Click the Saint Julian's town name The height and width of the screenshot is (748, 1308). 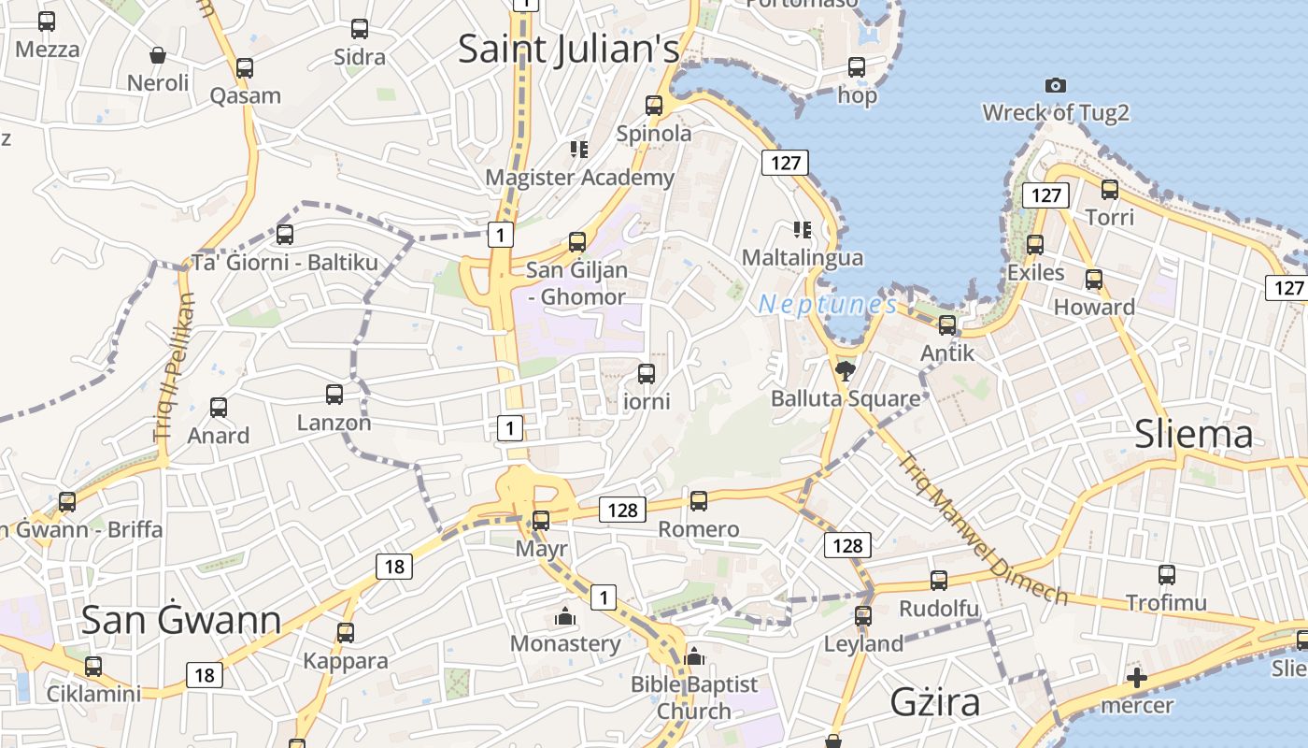(x=568, y=50)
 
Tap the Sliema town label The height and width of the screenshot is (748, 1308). (x=1193, y=435)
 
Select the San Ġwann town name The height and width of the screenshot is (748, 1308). (x=181, y=620)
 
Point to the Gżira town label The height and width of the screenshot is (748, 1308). (x=935, y=701)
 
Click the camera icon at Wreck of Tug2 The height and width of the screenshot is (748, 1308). (x=1056, y=86)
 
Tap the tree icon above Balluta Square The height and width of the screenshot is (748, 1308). (x=845, y=371)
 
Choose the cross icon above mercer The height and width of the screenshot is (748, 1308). (x=1136, y=678)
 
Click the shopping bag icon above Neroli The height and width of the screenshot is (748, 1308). (x=158, y=55)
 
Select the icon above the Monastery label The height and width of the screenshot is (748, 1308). (x=564, y=617)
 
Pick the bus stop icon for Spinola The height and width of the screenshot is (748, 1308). (x=654, y=106)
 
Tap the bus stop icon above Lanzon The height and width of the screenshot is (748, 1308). (x=334, y=395)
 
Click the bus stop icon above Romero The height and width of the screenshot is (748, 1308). (x=699, y=501)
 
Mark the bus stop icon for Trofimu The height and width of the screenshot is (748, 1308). (x=1167, y=575)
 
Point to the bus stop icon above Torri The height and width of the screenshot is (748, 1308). (x=1110, y=190)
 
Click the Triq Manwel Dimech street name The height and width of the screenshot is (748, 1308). (x=983, y=529)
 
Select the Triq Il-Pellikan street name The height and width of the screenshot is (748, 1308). (x=175, y=367)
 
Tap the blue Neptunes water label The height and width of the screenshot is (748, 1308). (x=828, y=304)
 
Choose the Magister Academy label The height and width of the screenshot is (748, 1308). (x=579, y=178)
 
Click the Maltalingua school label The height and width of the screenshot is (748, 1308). (x=803, y=257)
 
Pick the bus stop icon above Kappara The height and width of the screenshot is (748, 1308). (x=346, y=633)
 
